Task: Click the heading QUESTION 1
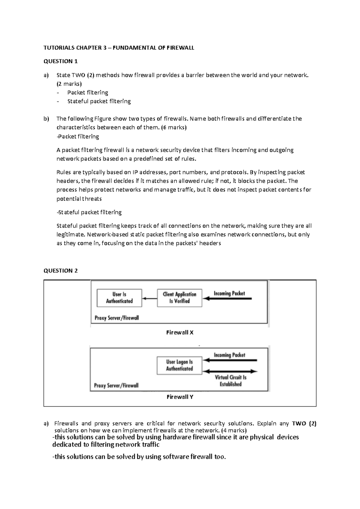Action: tap(61, 61)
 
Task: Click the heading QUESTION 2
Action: tap(61, 270)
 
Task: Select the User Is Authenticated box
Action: tap(119, 298)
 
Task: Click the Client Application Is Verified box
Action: tap(179, 298)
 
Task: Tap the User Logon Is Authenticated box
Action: tap(179, 365)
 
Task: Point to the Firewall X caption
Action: tap(180, 332)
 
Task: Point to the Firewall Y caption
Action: tap(180, 397)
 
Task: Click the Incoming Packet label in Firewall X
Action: tap(229, 293)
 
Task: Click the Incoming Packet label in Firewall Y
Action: tap(229, 355)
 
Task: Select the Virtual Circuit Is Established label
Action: tap(230, 381)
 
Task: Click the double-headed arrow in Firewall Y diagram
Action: tap(230, 371)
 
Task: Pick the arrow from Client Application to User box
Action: tap(149, 298)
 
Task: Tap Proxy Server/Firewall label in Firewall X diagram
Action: tap(117, 318)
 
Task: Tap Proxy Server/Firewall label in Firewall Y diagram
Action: tap(116, 385)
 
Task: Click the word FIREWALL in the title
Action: tap(181, 48)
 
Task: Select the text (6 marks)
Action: tap(174, 127)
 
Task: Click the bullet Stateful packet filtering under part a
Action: tap(99, 101)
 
